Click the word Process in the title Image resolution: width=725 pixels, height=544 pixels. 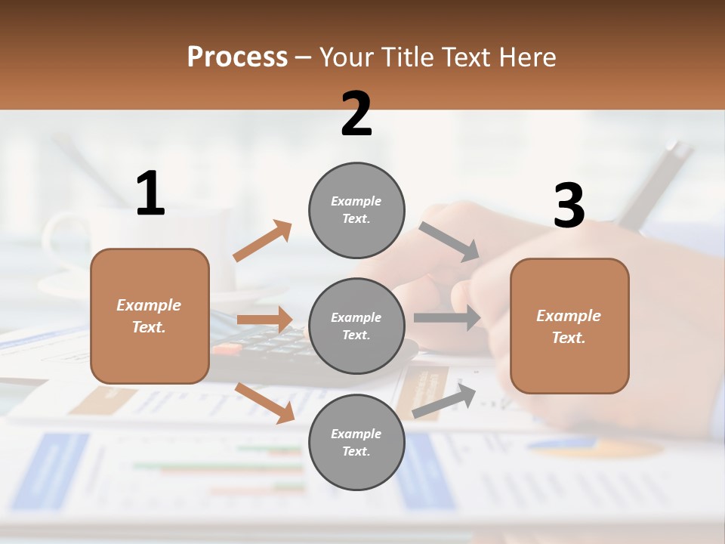(237, 57)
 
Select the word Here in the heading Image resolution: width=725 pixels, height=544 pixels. (526, 57)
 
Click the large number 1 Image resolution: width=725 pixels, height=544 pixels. (150, 194)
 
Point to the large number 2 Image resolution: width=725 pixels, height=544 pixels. (356, 114)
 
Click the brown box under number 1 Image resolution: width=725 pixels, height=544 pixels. (150, 316)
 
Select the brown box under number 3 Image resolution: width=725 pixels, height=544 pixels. (569, 326)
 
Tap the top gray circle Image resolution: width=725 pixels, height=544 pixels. (356, 210)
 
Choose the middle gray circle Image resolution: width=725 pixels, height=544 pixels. (356, 326)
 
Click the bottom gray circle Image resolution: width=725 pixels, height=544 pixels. (356, 443)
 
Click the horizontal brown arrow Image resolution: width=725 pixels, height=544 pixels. (264, 320)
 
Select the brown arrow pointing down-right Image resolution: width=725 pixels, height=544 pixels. (265, 403)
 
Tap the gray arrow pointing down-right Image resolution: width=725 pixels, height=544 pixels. (449, 241)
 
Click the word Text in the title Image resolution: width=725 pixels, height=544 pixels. (466, 57)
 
